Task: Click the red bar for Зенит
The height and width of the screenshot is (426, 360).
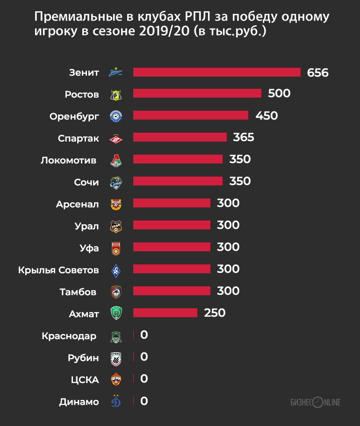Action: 216,72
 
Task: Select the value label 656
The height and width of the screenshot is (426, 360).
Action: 318,73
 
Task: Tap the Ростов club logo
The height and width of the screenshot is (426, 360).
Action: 116,94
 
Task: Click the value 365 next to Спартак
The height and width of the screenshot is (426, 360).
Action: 243,137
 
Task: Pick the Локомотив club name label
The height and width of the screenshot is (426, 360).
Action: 70,160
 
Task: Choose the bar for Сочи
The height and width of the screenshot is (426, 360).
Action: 178,181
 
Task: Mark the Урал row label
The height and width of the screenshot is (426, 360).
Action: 86,226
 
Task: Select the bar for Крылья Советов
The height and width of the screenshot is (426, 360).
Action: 172,269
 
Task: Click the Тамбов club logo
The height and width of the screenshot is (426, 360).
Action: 116,292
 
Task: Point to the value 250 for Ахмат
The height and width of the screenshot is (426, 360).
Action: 215,313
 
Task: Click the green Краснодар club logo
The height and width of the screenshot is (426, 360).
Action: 116,336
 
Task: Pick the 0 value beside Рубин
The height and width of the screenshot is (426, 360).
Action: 144,357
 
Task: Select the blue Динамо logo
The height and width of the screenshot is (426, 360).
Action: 116,401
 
